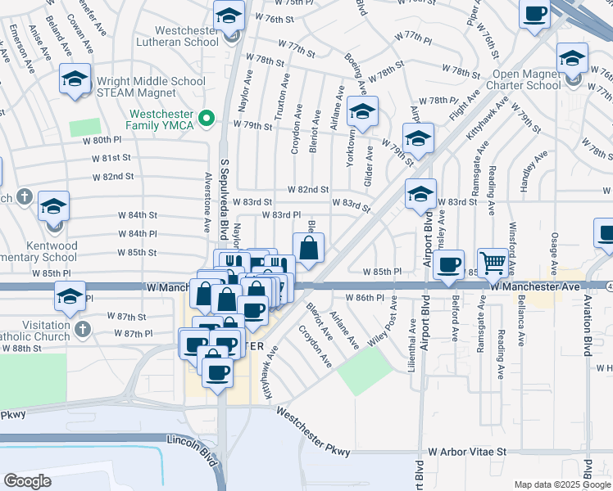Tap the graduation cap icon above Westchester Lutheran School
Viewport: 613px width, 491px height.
(229, 15)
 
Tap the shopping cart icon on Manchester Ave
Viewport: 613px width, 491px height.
(493, 263)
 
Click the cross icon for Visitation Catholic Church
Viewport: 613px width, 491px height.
(82, 329)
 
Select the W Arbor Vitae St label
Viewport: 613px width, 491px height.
(468, 451)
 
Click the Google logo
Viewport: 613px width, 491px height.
(28, 481)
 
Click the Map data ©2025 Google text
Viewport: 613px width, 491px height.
(561, 484)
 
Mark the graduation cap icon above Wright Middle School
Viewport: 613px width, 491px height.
(75, 79)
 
